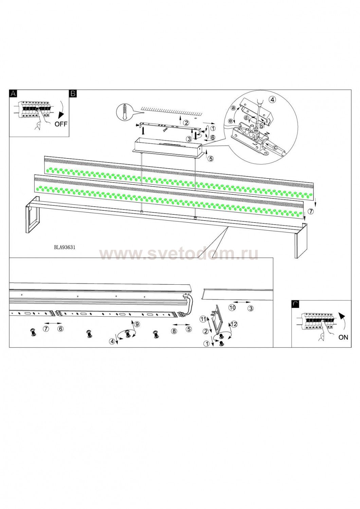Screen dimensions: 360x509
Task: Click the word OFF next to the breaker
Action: click(x=61, y=124)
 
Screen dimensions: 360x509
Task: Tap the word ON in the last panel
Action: click(x=343, y=337)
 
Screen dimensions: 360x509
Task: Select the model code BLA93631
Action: click(x=65, y=247)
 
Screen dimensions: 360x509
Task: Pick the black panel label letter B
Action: click(x=73, y=93)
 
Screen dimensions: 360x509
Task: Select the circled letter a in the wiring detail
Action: click(x=233, y=108)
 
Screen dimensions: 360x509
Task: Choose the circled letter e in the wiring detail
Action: click(x=231, y=121)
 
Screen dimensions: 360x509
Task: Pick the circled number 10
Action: click(x=232, y=308)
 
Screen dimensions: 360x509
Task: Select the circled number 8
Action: click(x=174, y=331)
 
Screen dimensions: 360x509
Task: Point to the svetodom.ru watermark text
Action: click(x=179, y=254)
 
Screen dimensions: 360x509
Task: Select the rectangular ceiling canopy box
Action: click(x=167, y=147)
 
